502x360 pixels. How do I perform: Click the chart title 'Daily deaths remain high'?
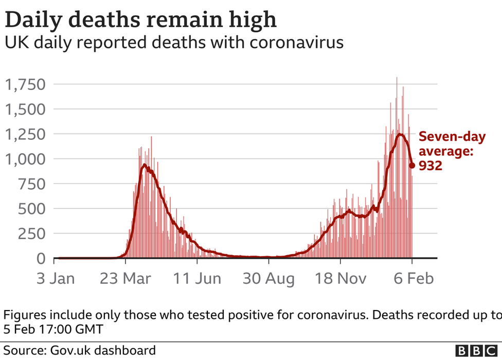point(140,20)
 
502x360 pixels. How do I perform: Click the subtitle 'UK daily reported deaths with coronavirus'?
point(174,43)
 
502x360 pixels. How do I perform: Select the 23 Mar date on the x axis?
point(126,279)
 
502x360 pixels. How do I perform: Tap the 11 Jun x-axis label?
point(197,279)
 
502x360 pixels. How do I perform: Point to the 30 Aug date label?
point(268,279)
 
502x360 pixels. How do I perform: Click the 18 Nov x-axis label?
point(340,279)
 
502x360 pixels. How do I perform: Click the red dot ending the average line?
point(412,166)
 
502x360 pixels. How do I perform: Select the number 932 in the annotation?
point(431,166)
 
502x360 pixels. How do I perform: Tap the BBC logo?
point(478,351)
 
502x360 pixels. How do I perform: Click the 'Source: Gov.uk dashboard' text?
point(80,351)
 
